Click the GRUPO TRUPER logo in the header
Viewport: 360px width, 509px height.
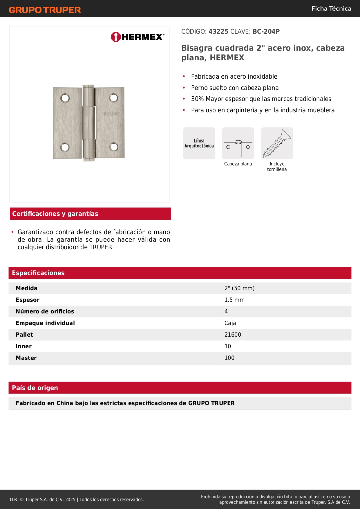(45, 10)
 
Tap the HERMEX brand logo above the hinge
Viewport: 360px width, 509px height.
(138, 37)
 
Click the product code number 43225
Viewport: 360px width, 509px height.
(218, 32)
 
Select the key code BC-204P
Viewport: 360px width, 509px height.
(266, 32)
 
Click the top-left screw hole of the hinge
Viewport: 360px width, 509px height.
(65, 98)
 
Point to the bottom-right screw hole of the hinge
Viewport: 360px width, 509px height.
(114, 147)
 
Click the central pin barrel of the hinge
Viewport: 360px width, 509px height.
(89, 123)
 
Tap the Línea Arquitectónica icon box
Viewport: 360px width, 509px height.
(199, 143)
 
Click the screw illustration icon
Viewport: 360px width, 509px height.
(277, 143)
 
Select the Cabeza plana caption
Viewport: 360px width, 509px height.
(238, 164)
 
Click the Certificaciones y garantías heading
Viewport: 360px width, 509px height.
(55, 214)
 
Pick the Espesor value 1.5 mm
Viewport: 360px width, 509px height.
(234, 300)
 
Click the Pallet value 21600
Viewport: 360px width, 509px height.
(233, 335)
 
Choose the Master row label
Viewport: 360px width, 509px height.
(26, 358)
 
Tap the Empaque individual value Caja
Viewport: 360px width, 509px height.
(230, 323)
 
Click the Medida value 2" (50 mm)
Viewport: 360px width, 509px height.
(239, 288)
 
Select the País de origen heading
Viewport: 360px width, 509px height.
(35, 388)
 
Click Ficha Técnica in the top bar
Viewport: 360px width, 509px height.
(331, 9)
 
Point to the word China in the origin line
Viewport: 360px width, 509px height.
(65, 403)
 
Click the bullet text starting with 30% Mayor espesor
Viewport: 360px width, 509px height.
(261, 99)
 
